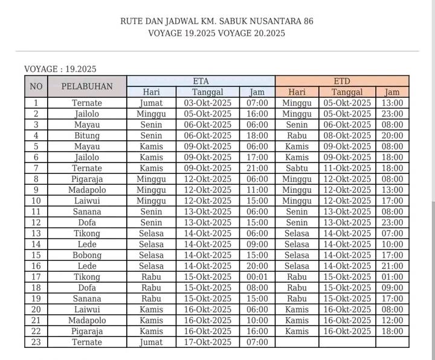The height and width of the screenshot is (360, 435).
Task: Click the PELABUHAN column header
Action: pyautogui.click(x=87, y=86)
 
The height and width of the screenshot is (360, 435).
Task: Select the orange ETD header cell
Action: pyautogui.click(x=342, y=81)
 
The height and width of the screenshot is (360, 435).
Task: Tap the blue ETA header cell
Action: pyautogui.click(x=201, y=81)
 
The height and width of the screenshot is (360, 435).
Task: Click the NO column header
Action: pyautogui.click(x=36, y=86)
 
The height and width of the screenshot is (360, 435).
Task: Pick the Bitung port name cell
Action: pyautogui.click(x=87, y=135)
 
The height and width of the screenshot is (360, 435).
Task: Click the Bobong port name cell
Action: pyautogui.click(x=87, y=255)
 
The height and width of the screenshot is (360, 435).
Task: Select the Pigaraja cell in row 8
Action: pyautogui.click(x=87, y=179)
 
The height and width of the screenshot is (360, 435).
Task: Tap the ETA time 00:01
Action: pyautogui.click(x=257, y=277)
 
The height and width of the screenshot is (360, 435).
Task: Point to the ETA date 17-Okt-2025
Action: pyautogui.click(x=208, y=342)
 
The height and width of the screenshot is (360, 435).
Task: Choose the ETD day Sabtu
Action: pyautogui.click(x=297, y=168)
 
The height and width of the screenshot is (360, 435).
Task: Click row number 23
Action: pyautogui.click(x=36, y=342)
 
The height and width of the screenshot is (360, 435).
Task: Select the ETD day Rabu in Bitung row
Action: pyautogui.click(x=297, y=135)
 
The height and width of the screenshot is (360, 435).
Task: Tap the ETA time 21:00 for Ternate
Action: pyautogui.click(x=257, y=168)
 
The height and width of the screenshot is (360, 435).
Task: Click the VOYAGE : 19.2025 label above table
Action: pyautogui.click(x=60, y=69)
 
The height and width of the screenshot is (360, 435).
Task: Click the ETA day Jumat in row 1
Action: pyautogui.click(x=151, y=103)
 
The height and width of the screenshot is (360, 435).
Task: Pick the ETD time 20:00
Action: pyautogui.click(x=392, y=135)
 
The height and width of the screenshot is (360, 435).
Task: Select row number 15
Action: pyautogui.click(x=36, y=255)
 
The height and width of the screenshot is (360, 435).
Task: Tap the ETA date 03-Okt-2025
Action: pyautogui.click(x=208, y=103)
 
